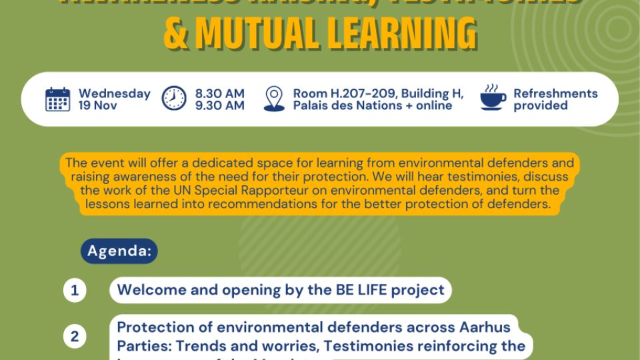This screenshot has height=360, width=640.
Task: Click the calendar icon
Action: tap(58, 99)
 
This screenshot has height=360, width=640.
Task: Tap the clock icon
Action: tap(174, 99)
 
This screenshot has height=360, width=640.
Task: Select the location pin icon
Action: tap(274, 99)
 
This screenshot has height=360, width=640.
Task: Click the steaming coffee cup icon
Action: tap(493, 98)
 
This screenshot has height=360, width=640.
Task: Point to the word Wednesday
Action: tap(114, 93)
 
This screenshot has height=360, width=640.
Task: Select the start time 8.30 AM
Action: tap(220, 93)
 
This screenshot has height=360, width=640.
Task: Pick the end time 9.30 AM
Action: tap(220, 105)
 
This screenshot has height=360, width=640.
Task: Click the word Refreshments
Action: tap(555, 93)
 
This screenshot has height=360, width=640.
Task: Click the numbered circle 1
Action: tap(75, 291)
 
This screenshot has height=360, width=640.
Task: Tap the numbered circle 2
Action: tap(75, 337)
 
